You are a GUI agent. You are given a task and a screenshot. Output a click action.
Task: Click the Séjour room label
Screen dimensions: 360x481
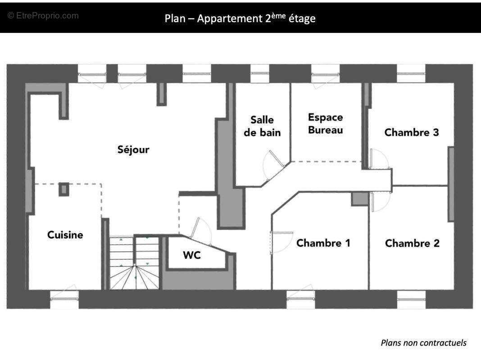(133, 150)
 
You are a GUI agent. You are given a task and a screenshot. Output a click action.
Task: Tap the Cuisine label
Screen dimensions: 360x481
(65, 235)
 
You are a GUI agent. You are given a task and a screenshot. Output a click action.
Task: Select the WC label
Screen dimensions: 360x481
(191, 255)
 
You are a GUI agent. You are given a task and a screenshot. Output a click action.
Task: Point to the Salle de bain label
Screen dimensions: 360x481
(263, 126)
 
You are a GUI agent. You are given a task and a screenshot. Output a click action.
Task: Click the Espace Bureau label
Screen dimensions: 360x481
(326, 123)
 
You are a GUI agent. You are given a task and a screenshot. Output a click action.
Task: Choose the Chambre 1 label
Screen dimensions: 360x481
(323, 243)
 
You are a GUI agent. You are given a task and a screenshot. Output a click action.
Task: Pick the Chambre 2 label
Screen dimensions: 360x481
(412, 243)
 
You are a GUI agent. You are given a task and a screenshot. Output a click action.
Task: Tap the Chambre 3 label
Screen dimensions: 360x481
(412, 132)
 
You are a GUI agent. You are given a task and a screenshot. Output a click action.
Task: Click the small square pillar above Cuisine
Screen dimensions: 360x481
(64, 189)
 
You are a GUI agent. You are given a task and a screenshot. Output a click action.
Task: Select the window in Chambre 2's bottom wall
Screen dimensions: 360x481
(411, 299)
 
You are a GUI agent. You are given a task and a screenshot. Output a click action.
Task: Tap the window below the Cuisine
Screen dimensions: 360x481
(64, 299)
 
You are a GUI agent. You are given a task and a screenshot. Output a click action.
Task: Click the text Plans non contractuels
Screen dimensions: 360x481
(423, 343)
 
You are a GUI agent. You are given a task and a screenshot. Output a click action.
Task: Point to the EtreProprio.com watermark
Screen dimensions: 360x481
(43, 16)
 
